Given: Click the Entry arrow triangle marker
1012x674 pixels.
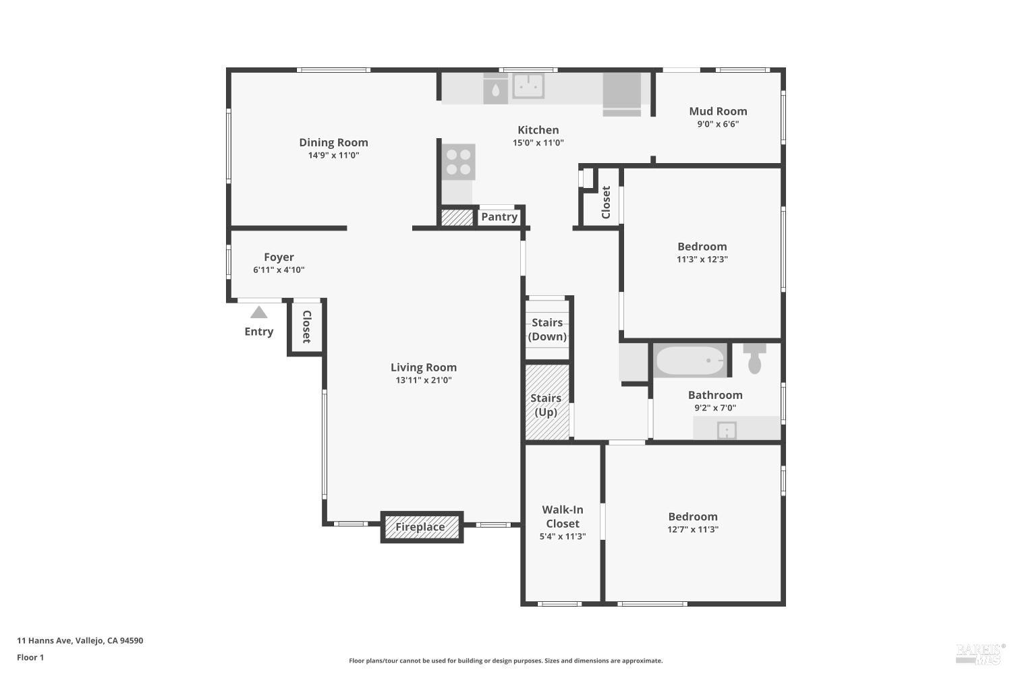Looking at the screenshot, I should (x=259, y=313).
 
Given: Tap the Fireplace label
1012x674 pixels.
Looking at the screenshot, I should (x=420, y=527).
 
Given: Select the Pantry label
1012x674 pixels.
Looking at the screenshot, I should (x=499, y=217).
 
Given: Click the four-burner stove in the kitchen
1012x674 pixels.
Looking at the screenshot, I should (x=459, y=162).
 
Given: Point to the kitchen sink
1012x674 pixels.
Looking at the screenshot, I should (x=528, y=86).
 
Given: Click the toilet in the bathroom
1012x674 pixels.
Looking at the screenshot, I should (x=754, y=360).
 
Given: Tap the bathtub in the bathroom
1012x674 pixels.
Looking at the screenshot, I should (x=690, y=361).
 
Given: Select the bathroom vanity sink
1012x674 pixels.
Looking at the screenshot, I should (x=726, y=429).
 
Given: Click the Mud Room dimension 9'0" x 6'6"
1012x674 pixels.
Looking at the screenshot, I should (x=718, y=124).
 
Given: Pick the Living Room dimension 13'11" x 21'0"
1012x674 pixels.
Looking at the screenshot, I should (x=424, y=380).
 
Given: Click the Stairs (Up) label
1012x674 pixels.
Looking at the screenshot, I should (x=546, y=404).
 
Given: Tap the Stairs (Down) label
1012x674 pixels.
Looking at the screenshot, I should (x=547, y=330).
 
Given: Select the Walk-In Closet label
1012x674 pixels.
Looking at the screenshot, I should (x=563, y=516).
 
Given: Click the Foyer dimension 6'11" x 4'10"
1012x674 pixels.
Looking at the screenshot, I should (x=279, y=270).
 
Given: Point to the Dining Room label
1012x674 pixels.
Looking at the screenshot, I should (x=333, y=142).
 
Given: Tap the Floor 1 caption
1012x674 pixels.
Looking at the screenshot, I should (x=30, y=658).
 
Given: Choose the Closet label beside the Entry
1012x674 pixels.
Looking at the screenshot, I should (x=306, y=326).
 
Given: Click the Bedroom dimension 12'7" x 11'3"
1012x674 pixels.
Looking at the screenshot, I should (x=693, y=530).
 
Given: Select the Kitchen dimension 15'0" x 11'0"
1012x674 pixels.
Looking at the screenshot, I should (x=538, y=143).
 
